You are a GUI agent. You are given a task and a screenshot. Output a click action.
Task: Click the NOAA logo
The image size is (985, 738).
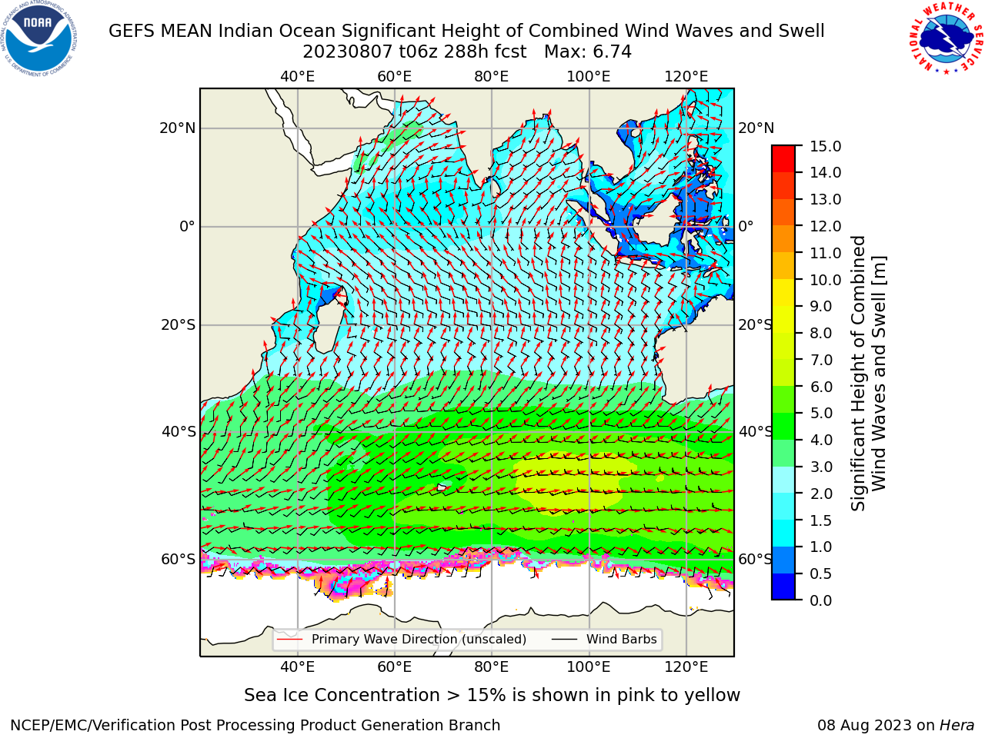pos(38,39)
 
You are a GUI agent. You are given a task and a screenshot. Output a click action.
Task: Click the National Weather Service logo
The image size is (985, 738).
pos(946,38)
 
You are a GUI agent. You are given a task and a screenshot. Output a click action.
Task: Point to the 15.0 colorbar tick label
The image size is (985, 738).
pos(825,146)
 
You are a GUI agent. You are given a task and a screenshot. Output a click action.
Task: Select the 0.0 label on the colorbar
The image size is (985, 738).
pos(821,600)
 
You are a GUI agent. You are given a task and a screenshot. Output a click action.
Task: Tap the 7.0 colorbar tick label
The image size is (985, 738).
pos(821,360)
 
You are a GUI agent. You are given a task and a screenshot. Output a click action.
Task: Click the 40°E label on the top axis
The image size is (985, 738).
pos(297,77)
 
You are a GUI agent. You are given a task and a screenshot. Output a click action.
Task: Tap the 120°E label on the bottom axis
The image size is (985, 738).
pos(686,667)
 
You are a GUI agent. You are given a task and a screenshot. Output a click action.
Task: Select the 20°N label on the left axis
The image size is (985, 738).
pos(178,128)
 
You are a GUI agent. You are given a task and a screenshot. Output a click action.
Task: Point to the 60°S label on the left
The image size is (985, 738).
pos(179,559)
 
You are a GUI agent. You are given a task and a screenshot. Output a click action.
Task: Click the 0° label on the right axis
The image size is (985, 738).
pos(746,226)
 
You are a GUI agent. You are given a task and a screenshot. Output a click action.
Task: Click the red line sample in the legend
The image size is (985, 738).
pos(290,640)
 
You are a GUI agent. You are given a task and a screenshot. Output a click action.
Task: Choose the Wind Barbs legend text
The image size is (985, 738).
pos(622,640)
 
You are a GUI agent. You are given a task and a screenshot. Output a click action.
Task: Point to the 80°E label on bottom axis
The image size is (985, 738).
pos(492,667)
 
